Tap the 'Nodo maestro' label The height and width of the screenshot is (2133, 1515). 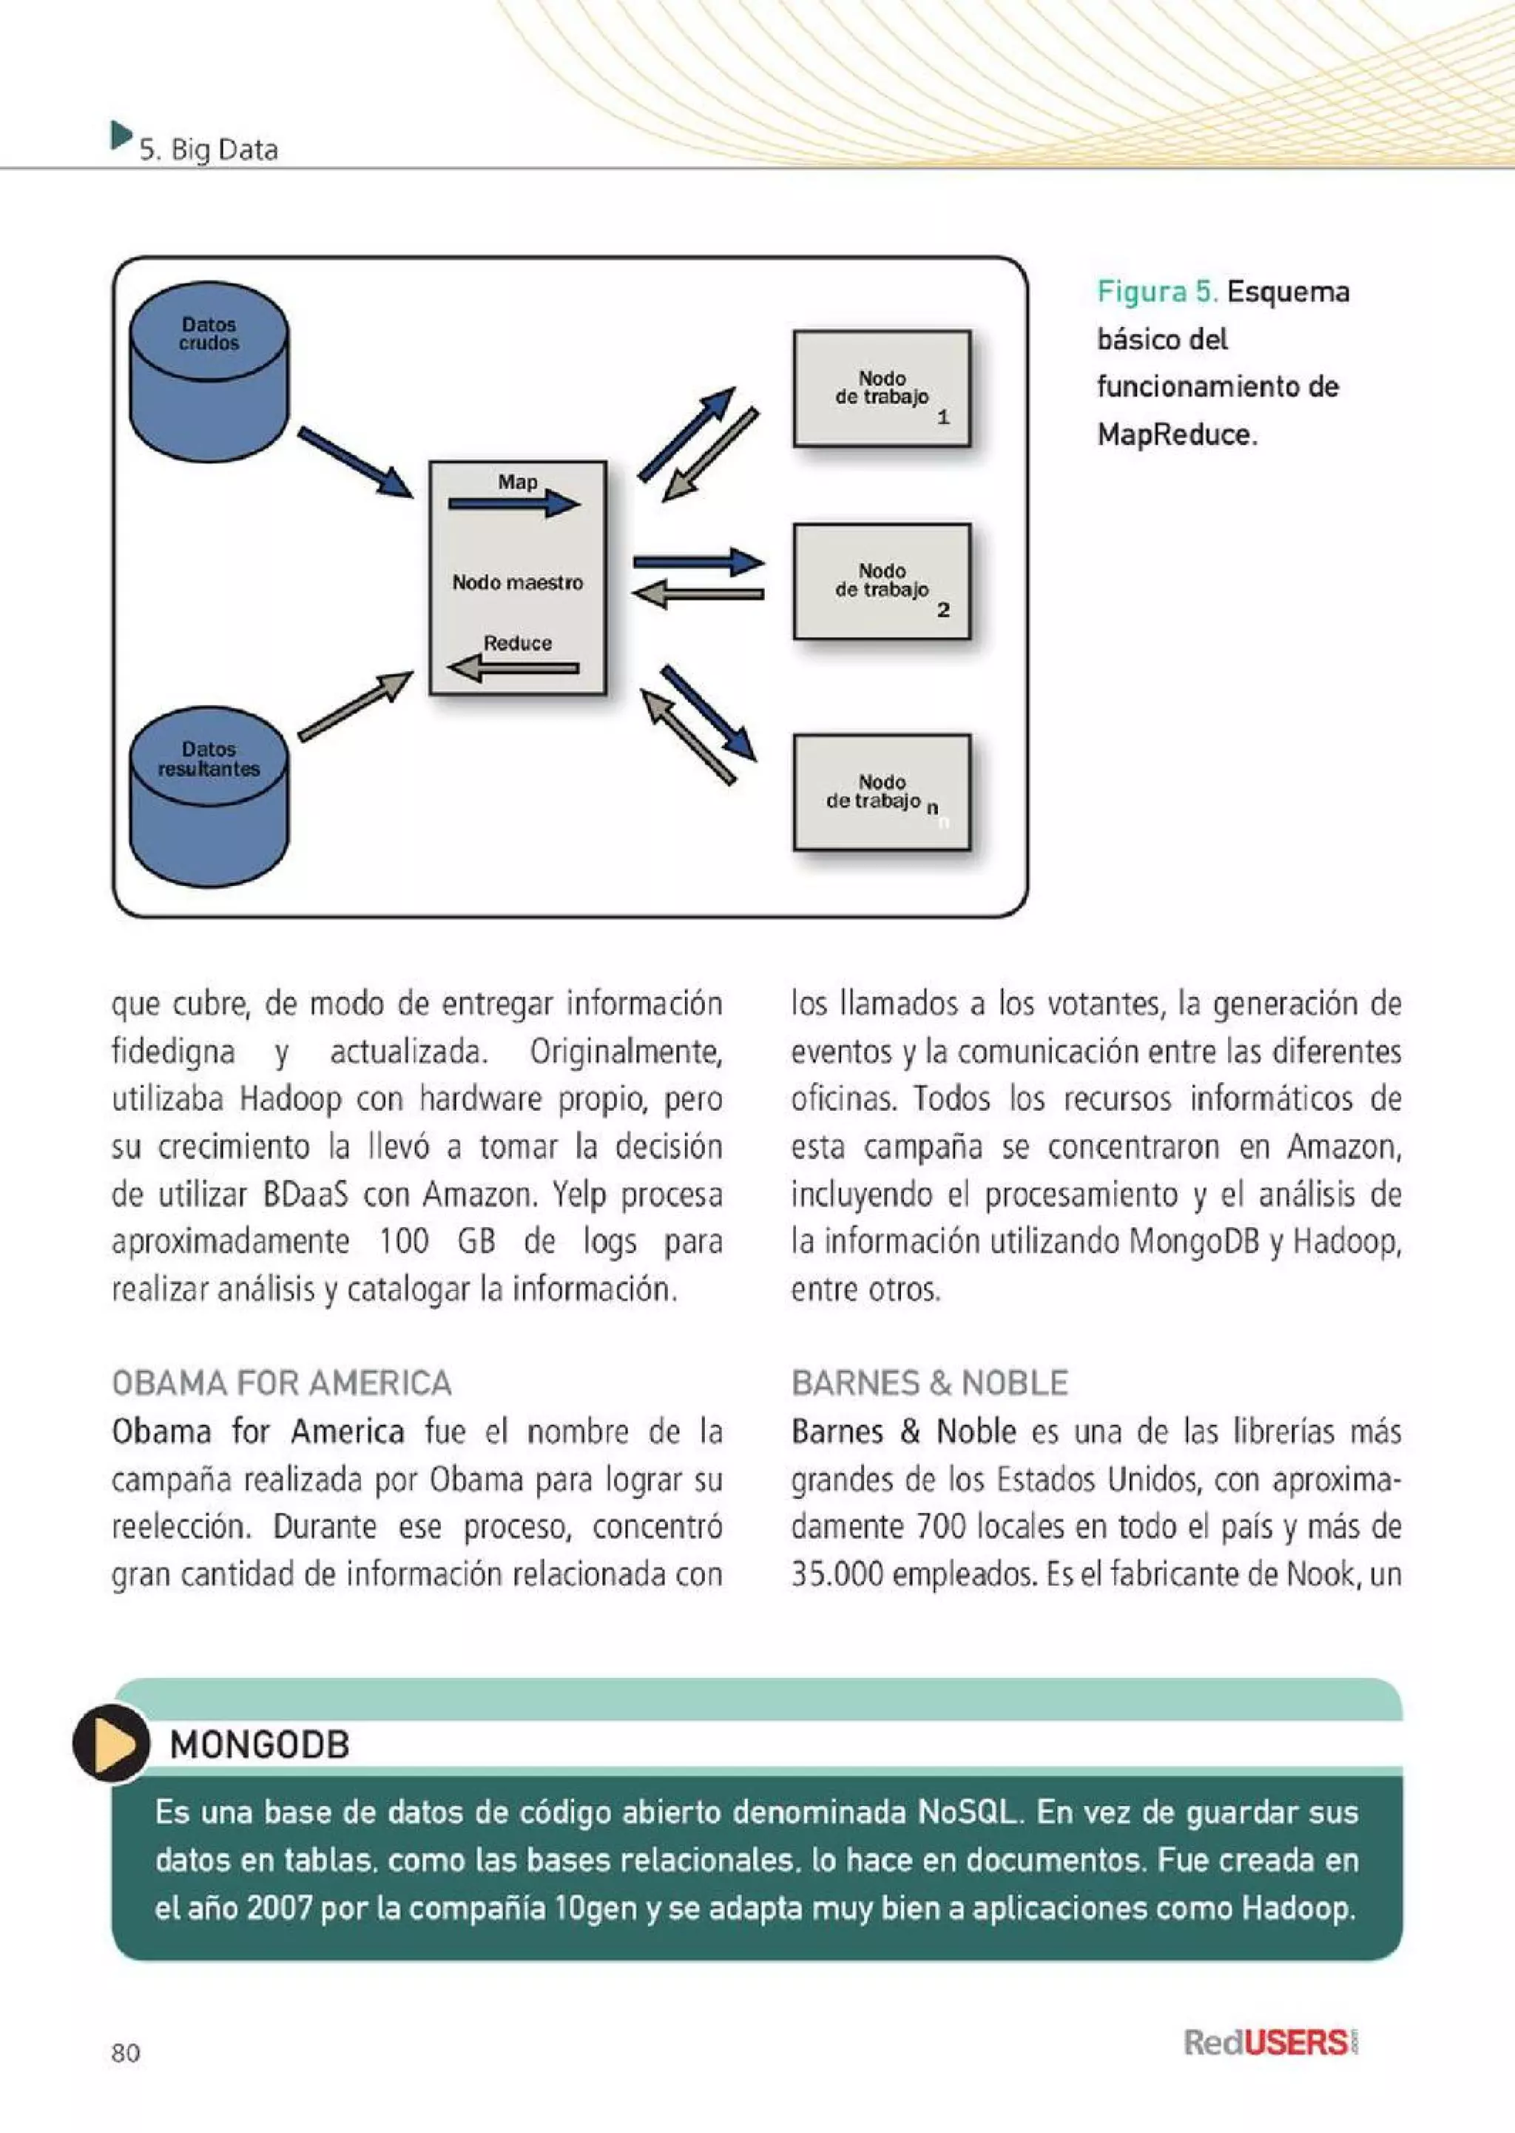(x=518, y=583)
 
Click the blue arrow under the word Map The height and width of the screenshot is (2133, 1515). (x=514, y=504)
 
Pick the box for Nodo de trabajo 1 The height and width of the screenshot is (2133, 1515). (x=882, y=388)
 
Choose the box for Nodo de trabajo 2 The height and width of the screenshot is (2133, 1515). (x=882, y=581)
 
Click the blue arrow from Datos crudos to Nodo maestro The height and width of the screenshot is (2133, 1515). (x=355, y=463)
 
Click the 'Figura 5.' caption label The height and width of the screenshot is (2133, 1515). (x=1158, y=292)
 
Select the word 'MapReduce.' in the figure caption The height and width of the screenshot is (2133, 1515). (x=1177, y=434)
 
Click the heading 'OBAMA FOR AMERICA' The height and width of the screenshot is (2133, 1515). (x=282, y=1383)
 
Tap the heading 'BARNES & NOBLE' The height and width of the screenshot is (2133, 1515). (x=929, y=1383)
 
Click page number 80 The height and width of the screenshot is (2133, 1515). (x=126, y=2053)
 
